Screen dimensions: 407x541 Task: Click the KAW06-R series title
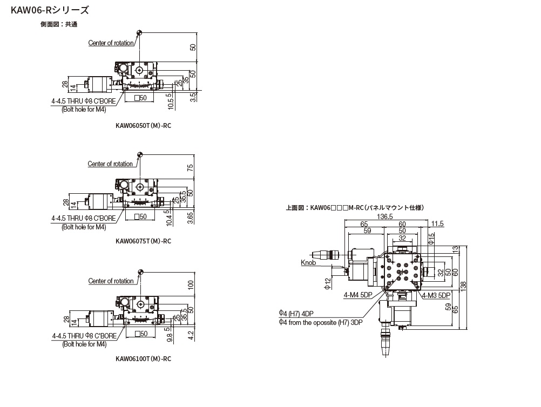(46, 9)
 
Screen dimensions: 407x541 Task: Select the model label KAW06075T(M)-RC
(143, 241)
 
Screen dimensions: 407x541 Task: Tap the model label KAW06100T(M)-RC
(143, 358)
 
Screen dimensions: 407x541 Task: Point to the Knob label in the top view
(308, 263)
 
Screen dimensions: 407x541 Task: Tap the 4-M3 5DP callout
(436, 295)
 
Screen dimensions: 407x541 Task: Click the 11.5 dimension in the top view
(437, 223)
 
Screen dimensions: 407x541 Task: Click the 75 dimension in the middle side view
(191, 168)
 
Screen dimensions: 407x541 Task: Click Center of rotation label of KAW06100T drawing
(111, 281)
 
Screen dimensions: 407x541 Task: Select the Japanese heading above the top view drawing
(356, 207)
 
